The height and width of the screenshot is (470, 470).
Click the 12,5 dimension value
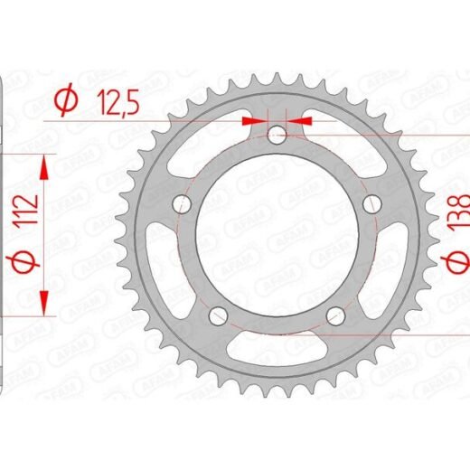tap(117, 103)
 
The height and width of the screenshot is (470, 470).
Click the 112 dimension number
tap(27, 210)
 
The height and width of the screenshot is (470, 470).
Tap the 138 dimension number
tap(459, 211)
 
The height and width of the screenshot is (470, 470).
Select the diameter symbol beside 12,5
tap(66, 99)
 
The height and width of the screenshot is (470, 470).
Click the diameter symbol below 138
tap(456, 261)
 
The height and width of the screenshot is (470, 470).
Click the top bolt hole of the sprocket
tap(277, 135)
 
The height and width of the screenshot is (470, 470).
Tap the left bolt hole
tap(182, 204)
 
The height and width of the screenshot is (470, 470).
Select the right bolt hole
tap(372, 204)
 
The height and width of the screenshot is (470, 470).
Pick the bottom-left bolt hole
tap(218, 316)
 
